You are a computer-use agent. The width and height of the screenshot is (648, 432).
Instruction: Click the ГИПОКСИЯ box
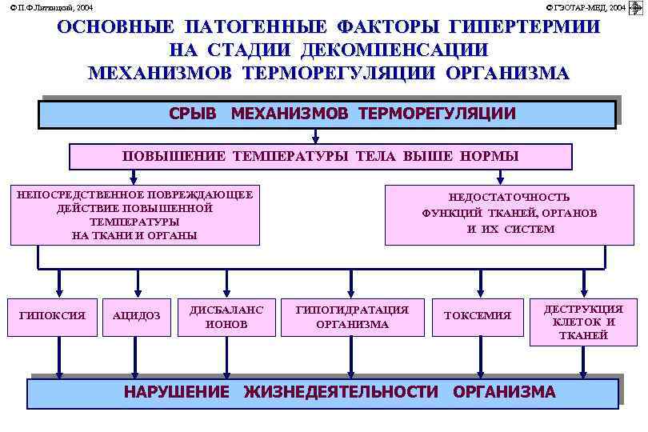point(52,315)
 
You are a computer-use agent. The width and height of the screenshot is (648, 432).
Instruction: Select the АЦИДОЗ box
point(137,316)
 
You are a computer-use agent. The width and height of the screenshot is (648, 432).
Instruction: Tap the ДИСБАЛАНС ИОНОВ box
point(226,316)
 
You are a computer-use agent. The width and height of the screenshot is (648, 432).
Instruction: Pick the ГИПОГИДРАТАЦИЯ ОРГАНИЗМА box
point(352,316)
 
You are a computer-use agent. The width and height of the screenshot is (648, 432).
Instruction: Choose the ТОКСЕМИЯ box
point(478,315)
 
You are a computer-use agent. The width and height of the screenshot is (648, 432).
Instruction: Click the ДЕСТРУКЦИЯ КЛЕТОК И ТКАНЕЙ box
point(583,322)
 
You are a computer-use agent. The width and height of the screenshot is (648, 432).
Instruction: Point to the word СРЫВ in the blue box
point(193,114)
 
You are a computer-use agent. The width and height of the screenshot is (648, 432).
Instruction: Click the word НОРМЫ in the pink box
point(490,156)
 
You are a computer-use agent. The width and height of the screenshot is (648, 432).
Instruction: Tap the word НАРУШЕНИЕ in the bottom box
point(176,392)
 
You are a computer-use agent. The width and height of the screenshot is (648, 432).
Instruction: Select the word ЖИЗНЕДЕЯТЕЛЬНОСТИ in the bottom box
point(341,392)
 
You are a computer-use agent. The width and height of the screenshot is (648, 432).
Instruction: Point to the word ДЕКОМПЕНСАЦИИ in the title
point(394,50)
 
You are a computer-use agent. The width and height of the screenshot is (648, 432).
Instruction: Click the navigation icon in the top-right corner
point(638,7)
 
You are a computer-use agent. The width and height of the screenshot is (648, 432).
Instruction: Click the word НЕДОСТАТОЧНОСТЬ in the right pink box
point(509,197)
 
